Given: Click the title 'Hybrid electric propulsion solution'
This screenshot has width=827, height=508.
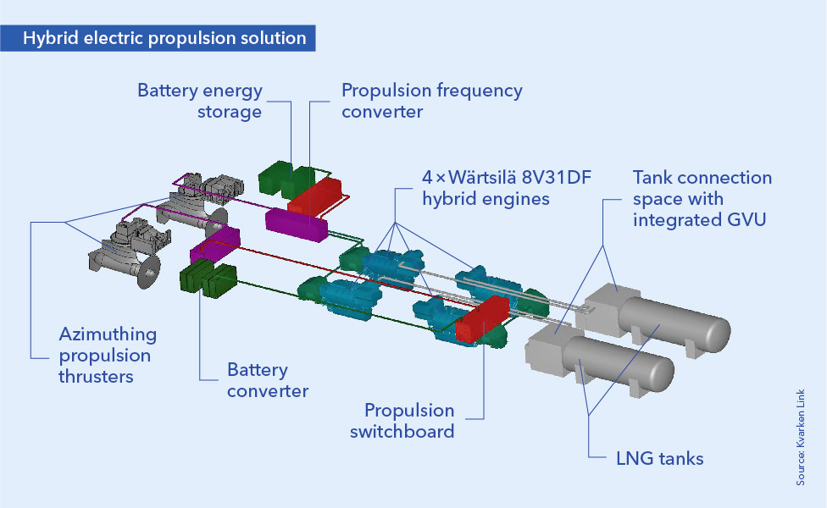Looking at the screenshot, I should (164, 38).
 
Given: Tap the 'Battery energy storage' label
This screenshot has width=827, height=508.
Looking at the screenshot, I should (200, 101).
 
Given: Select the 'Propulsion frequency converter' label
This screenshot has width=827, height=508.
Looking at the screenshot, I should (431, 101).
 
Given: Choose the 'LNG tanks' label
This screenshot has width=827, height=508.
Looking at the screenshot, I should (659, 459).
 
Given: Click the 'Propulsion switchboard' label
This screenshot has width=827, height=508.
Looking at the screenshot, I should (409, 421).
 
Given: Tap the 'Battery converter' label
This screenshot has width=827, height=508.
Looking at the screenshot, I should (268, 380).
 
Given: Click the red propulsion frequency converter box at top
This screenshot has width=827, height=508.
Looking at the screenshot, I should (319, 194).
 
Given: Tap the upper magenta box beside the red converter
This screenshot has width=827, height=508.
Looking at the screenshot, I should (296, 222).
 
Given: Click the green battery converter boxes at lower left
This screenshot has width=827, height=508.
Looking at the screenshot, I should (208, 280).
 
